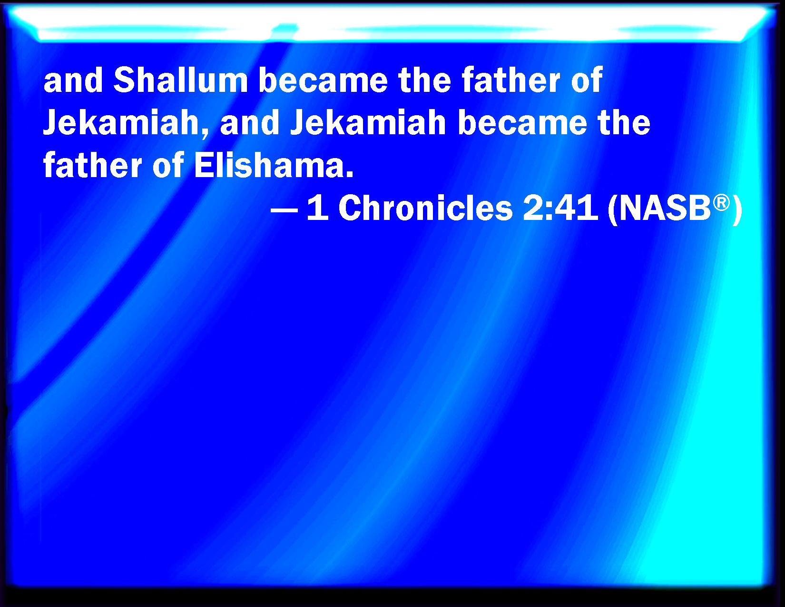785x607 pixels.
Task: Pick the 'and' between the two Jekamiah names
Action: tap(250, 122)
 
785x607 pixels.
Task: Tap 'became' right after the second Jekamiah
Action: tap(522, 122)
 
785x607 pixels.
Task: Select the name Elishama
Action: tap(269, 165)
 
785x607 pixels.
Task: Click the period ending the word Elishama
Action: tap(349, 175)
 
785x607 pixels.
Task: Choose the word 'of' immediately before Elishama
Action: tap(168, 165)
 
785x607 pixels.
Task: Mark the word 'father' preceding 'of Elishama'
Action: tap(93, 165)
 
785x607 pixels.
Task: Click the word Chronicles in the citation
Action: tap(425, 209)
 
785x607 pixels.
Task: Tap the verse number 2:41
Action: tap(560, 209)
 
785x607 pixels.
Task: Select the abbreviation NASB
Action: tap(665, 209)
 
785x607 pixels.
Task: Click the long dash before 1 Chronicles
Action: tap(284, 209)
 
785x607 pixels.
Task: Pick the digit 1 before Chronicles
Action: tap(318, 209)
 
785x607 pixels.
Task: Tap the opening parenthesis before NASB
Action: tap(612, 209)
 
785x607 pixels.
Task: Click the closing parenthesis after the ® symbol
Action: tap(737, 209)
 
